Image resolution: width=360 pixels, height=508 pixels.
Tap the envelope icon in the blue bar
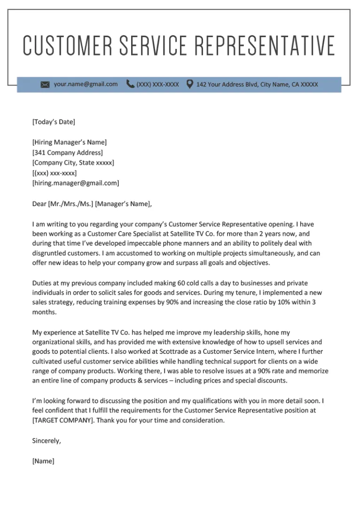45,85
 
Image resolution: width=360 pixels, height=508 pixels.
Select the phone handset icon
130,84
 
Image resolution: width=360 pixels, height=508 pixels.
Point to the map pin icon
189,84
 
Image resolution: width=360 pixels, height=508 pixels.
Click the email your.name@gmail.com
86,84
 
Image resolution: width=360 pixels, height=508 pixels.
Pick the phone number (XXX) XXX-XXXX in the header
157,85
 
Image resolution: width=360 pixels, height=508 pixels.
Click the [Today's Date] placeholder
54,122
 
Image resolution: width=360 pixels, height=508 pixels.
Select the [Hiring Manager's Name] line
70,143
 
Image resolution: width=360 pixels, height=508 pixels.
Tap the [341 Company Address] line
67,153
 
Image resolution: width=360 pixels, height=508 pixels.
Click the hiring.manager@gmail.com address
76,183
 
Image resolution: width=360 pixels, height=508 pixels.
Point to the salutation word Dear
39,204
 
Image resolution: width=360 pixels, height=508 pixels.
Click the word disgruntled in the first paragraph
50,254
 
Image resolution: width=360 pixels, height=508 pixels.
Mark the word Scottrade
177,351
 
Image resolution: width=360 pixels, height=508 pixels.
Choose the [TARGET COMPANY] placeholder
62,421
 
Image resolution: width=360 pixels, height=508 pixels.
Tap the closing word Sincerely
46,441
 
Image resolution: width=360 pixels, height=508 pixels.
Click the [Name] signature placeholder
43,461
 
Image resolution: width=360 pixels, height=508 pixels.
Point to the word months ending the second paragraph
44,312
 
